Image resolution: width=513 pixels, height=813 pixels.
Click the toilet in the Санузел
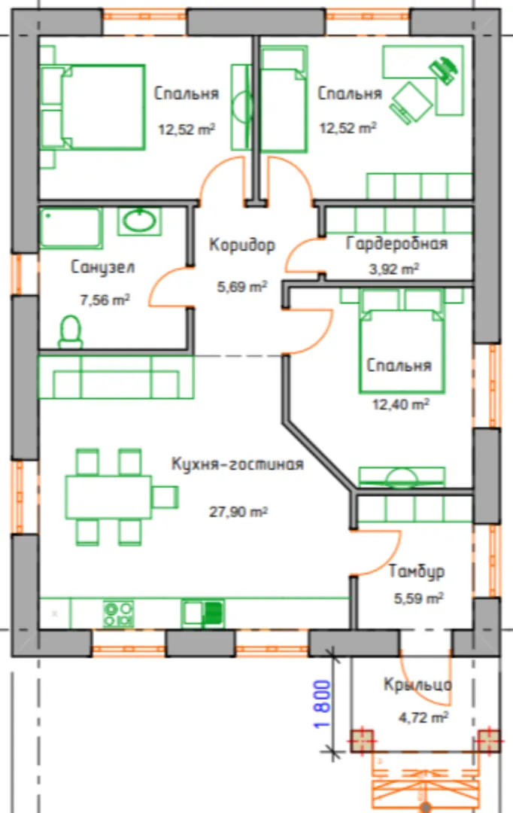(x=71, y=332)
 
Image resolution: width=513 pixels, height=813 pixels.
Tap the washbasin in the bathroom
(x=139, y=221)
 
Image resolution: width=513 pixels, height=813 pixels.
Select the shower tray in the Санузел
(x=71, y=228)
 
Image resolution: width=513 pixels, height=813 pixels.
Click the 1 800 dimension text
(x=322, y=704)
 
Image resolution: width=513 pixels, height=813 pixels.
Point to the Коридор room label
(x=242, y=245)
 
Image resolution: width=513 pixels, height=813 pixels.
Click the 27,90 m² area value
(x=238, y=513)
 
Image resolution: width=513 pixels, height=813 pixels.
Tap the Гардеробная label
(x=397, y=243)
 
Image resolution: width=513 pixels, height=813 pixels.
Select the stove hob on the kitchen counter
(x=119, y=614)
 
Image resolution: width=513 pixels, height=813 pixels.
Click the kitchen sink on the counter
(x=202, y=614)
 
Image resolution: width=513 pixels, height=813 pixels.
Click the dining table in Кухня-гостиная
(x=108, y=497)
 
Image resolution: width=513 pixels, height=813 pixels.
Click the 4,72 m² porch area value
(x=423, y=717)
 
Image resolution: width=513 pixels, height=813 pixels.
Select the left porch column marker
(x=363, y=741)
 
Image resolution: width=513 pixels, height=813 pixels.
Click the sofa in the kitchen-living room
(x=117, y=377)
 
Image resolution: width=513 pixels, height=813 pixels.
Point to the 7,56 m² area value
(x=104, y=300)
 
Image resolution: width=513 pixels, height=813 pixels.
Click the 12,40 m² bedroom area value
(x=401, y=403)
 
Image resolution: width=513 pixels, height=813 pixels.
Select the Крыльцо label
(x=417, y=684)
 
